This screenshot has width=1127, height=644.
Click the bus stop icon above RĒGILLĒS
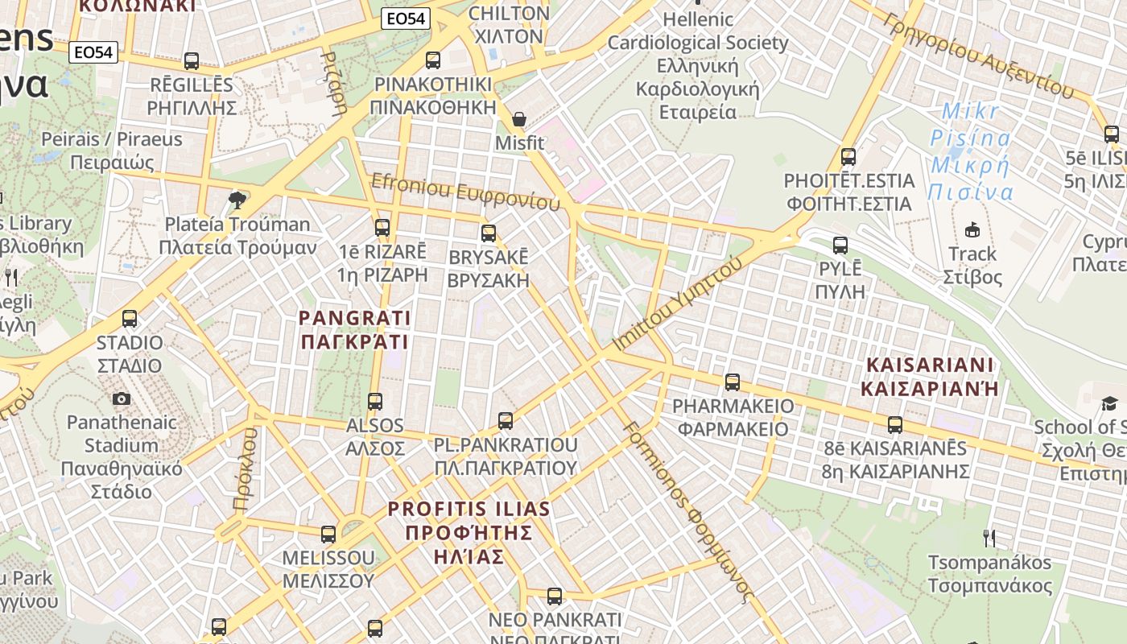point(192,60)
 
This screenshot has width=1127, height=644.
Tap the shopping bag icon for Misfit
point(519,119)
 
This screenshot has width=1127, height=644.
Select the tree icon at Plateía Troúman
point(237,200)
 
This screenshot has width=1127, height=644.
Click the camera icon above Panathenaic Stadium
point(122,398)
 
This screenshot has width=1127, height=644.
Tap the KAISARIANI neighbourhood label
point(930,377)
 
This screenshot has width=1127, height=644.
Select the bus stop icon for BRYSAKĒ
point(489,233)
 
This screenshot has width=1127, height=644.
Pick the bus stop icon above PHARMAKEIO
point(733,382)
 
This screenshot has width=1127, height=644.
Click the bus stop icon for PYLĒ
point(840,246)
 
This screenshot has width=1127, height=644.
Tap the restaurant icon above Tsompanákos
point(989,538)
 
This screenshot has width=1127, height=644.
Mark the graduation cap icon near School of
point(1109,402)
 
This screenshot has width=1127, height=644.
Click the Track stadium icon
point(972,229)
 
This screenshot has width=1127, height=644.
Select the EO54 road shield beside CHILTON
point(407,19)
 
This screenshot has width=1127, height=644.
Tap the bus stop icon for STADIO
point(130,319)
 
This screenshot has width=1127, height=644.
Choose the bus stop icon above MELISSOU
point(328,534)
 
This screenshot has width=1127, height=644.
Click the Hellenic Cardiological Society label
point(698,64)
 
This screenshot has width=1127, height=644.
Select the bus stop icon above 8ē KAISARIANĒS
point(895,424)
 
